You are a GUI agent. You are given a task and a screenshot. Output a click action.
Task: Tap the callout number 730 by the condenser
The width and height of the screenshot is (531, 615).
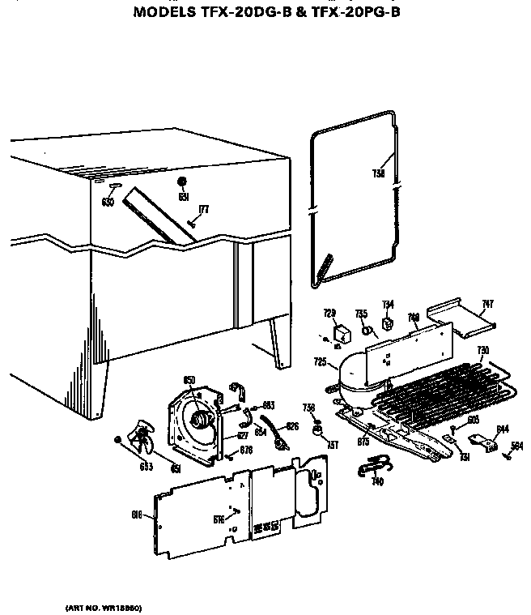click(x=482, y=350)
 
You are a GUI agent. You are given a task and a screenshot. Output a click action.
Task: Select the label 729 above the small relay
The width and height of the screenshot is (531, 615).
click(x=329, y=313)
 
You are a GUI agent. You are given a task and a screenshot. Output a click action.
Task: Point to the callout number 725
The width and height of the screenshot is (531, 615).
click(x=321, y=362)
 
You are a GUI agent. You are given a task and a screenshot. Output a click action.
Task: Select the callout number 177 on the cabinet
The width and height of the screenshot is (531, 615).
click(x=203, y=209)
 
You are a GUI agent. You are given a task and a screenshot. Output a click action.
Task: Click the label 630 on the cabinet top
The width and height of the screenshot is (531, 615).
click(x=108, y=202)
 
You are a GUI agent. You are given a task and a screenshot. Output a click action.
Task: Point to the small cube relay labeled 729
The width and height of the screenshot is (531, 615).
click(x=342, y=331)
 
